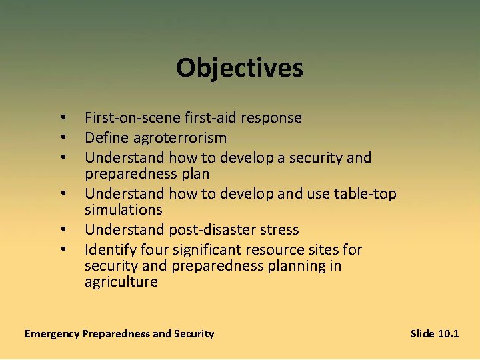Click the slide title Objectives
tap(239, 67)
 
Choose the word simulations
tap(123, 210)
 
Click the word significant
tap(203, 250)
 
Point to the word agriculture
tap(121, 282)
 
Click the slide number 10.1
tap(447, 333)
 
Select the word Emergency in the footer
tap(51, 333)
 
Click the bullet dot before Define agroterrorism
tap(62, 138)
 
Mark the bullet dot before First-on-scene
tap(62, 118)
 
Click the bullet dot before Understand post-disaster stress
tap(62, 230)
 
